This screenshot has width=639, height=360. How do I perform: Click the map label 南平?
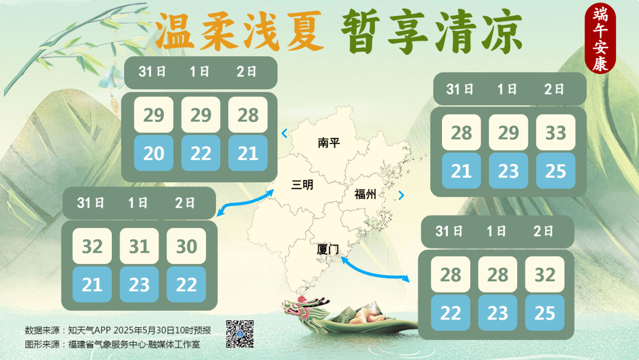tap(329, 143)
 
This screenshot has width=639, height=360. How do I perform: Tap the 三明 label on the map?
tap(302, 185)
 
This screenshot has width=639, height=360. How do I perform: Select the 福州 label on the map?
tap(365, 194)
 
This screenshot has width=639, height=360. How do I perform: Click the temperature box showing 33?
tap(556, 133)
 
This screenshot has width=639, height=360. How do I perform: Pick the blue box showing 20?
tap(154, 153)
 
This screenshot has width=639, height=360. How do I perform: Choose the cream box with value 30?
tap(186, 246)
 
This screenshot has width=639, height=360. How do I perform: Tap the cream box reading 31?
tap(139, 246)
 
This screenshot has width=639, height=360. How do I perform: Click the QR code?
tap(240, 334)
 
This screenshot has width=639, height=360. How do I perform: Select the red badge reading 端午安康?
tap(600, 38)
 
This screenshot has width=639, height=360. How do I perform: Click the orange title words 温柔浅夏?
tap(239, 32)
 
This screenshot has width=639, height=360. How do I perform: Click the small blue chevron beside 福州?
tap(402, 195)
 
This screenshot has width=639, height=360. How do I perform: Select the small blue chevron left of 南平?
tap(285, 133)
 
